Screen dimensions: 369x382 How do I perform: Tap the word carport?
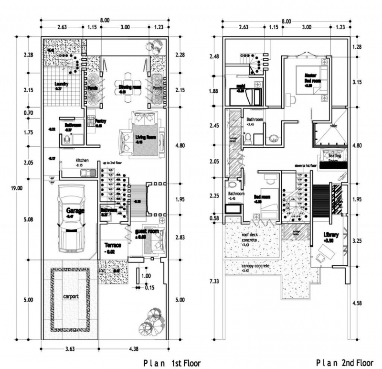[69, 296]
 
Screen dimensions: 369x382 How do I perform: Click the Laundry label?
[62, 84]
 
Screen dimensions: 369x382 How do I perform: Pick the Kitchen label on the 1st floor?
[82, 161]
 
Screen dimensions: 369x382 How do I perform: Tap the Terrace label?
[113, 245]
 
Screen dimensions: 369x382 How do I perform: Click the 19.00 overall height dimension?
[16, 188]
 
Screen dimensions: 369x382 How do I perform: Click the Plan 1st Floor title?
[171, 363]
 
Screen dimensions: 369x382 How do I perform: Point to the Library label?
[330, 235]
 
